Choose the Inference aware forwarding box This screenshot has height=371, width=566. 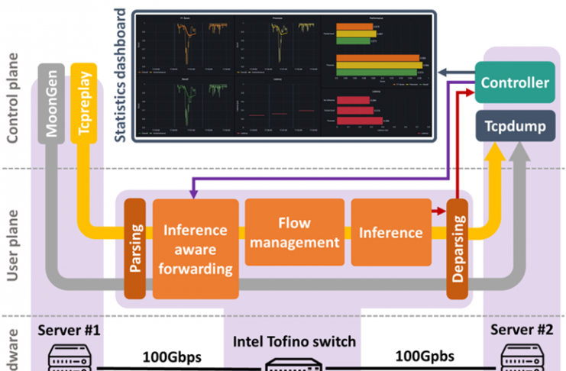tap(196, 249)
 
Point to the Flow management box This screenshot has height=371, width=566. tap(293, 233)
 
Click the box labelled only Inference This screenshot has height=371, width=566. tap(390, 233)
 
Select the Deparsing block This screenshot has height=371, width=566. tap(457, 249)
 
